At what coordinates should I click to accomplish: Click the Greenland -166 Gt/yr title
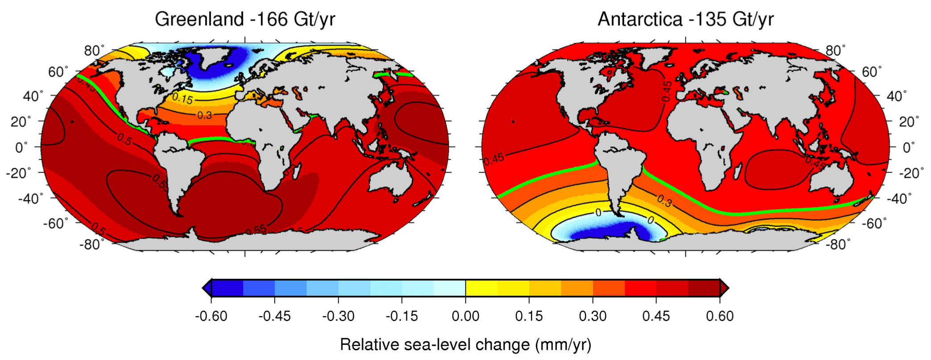245,20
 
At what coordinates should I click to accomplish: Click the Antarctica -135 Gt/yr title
685,20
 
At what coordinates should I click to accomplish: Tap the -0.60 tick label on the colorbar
211,316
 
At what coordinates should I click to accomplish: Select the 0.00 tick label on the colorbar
465,316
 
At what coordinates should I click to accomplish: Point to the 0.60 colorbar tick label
720,316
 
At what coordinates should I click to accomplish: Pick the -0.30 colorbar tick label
338,316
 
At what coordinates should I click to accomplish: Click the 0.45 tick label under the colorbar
656,316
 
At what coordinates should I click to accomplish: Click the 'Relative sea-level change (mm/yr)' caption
465,345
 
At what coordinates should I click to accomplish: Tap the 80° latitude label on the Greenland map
94,50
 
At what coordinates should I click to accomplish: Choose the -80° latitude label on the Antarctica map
838,244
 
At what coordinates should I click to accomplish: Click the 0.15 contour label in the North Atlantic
182,98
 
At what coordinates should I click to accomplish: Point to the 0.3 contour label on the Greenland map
205,116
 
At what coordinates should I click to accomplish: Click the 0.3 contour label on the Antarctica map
664,201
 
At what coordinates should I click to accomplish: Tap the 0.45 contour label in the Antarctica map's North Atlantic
666,91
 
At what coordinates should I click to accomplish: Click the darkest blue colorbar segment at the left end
227,288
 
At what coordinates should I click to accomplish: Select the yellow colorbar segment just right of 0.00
482,288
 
